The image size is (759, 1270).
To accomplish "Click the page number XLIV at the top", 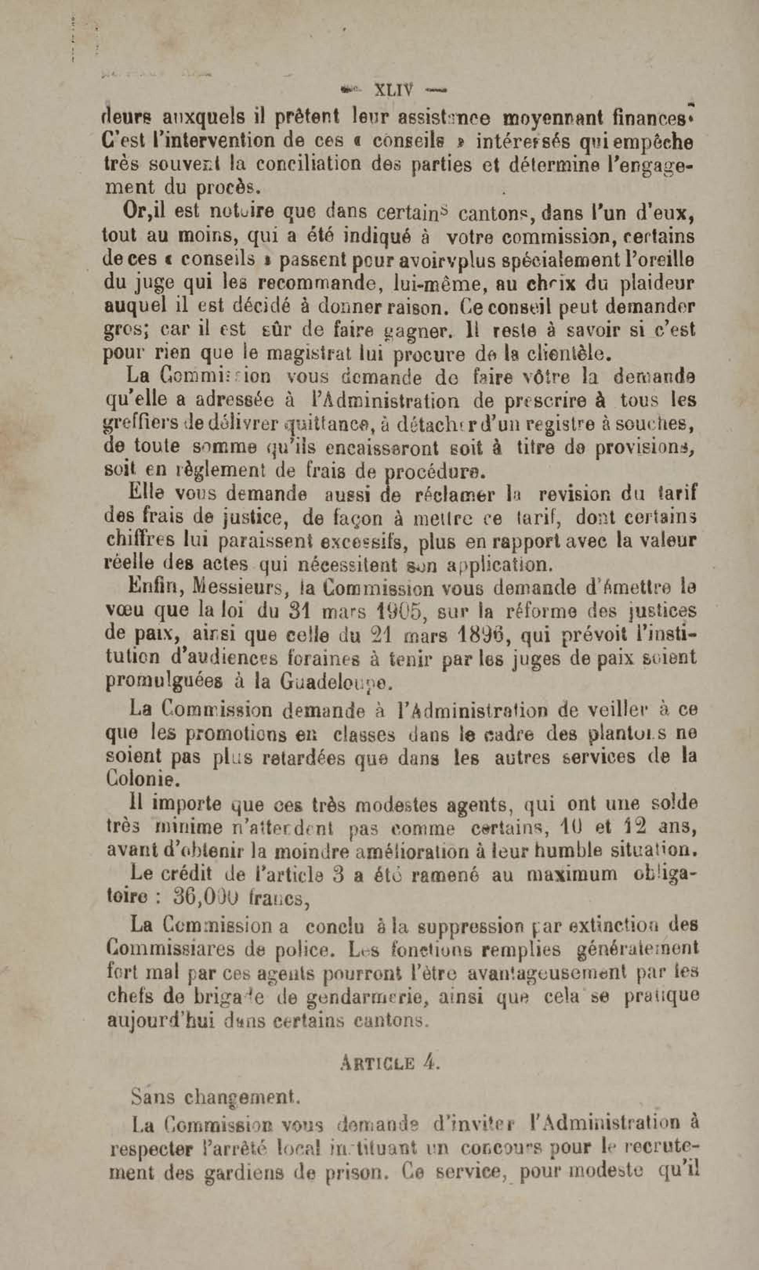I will (x=394, y=90).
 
